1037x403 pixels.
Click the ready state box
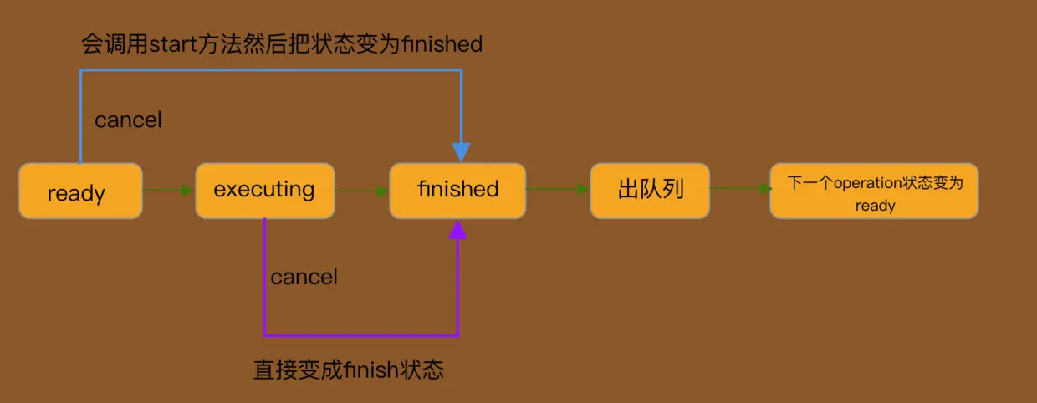(80, 191)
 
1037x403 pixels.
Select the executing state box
(264, 190)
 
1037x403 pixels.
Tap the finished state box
(457, 190)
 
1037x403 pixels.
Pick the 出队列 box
(650, 190)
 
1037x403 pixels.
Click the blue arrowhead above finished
(461, 151)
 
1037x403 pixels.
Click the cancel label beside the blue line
(128, 120)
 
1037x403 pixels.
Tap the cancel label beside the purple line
(304, 277)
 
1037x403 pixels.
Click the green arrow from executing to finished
(362, 191)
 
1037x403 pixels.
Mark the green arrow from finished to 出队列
(558, 189)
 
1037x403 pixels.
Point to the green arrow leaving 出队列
(740, 188)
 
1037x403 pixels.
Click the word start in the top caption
(171, 43)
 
